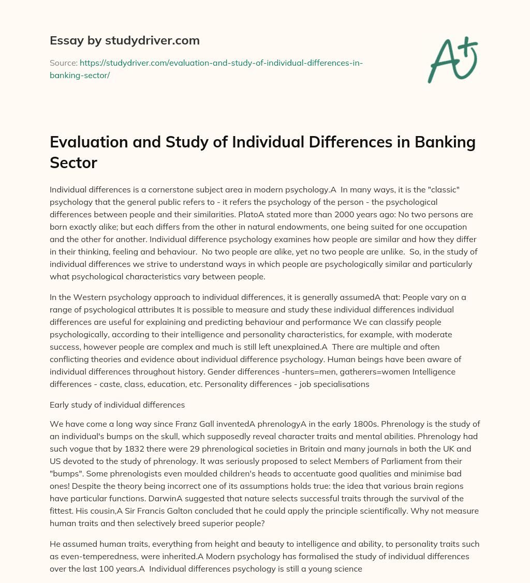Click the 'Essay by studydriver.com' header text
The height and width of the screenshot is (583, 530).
tap(124, 40)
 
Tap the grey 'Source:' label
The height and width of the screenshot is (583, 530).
tap(63, 63)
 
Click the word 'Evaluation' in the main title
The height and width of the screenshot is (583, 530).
tap(91, 143)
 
